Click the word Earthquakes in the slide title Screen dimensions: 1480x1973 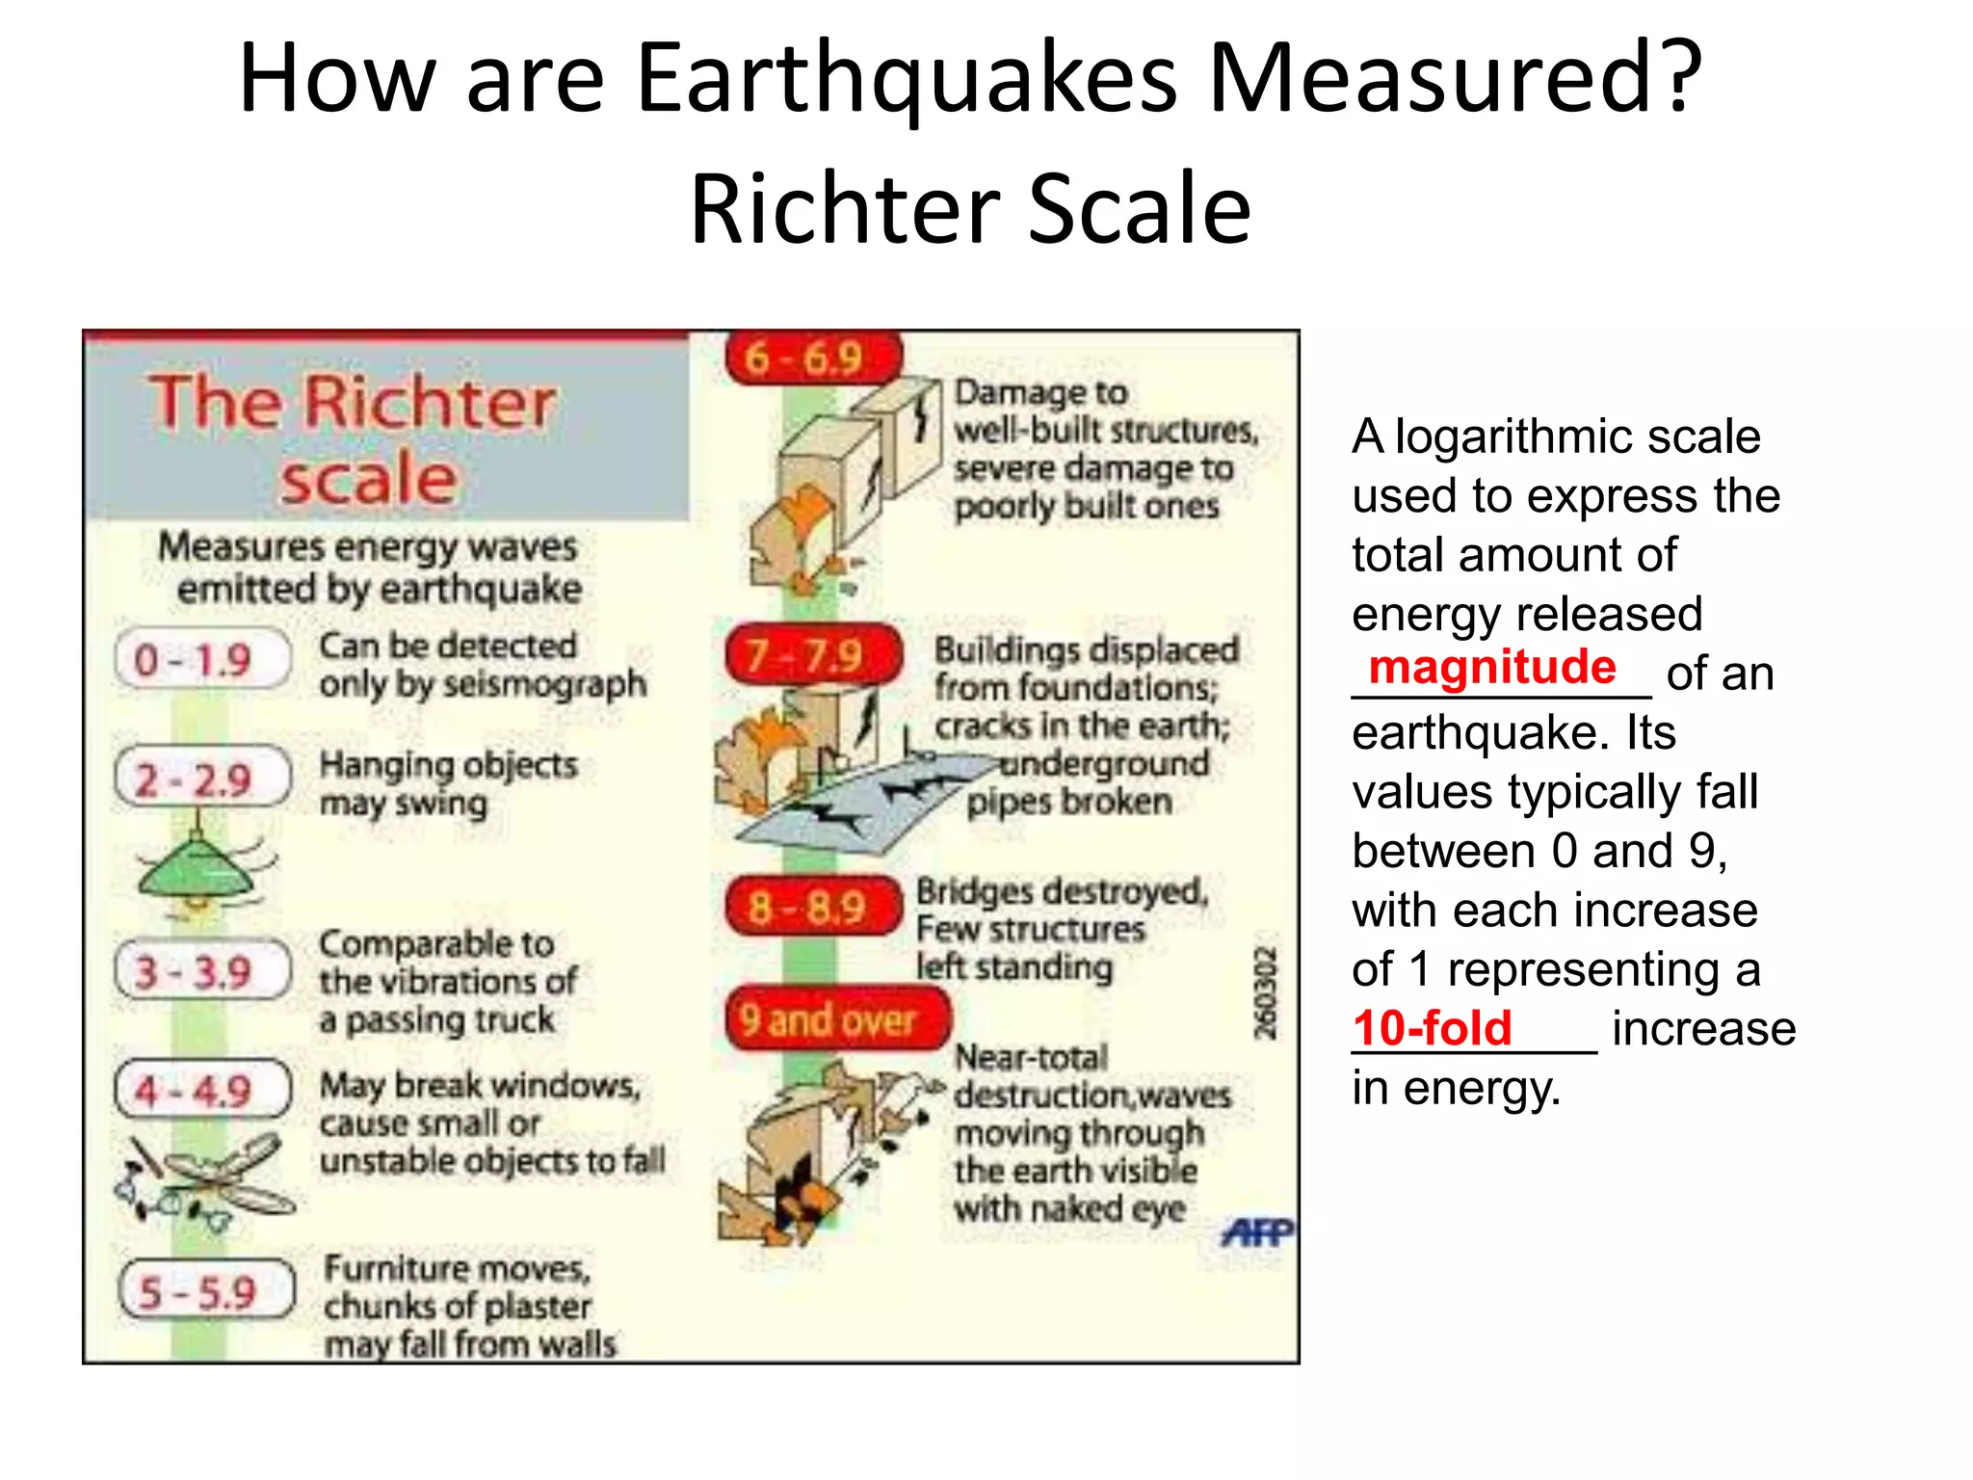pyautogui.click(x=906, y=79)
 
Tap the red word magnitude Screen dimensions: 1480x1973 pyautogui.click(x=1491, y=667)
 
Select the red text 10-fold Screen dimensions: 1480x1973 pyautogui.click(x=1432, y=1028)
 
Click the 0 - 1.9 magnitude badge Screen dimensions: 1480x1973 pyautogui.click(x=201, y=660)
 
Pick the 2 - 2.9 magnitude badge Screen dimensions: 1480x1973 pyautogui.click(x=201, y=779)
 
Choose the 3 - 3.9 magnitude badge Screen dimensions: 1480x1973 pyautogui.click(x=201, y=970)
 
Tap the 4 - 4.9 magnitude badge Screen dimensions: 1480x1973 pyautogui.click(x=201, y=1090)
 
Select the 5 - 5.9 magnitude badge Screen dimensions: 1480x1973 pyautogui.click(x=205, y=1290)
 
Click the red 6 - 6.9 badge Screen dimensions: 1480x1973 pyautogui.click(x=811, y=358)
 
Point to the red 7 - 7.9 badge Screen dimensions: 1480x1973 pyautogui.click(x=811, y=655)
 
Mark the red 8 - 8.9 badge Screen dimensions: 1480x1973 pyautogui.click(x=811, y=907)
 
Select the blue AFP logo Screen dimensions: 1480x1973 pyautogui.click(x=1256, y=1231)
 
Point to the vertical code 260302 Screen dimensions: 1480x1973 pyautogui.click(x=1265, y=992)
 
